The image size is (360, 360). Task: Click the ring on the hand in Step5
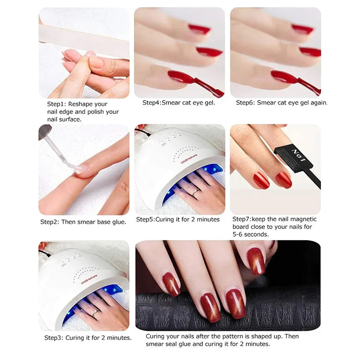click(195, 193)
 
